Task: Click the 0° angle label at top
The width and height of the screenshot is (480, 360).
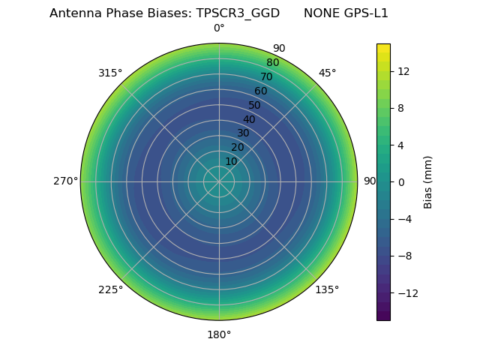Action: click(219, 28)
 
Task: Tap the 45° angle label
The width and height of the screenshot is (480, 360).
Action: click(327, 73)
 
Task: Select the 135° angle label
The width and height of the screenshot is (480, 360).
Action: click(327, 289)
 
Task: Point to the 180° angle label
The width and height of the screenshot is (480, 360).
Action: click(219, 334)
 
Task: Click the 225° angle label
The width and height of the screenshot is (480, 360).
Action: click(110, 289)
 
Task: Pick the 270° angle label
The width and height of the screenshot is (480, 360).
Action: click(65, 181)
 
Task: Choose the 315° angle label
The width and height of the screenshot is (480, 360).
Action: click(110, 73)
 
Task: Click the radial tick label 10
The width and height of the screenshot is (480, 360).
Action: click(231, 161)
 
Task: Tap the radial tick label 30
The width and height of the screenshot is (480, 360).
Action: click(243, 133)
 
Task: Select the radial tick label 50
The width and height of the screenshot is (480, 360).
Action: click(255, 105)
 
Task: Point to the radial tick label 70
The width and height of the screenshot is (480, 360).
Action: click(266, 76)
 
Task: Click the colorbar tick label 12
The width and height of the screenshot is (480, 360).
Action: click(403, 71)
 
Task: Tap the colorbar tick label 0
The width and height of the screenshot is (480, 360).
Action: click(400, 181)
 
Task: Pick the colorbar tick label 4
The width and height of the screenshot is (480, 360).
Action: click(400, 145)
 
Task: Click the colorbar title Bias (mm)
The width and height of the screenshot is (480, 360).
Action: click(428, 181)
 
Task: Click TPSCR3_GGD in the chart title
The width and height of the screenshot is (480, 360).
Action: click(243, 13)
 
